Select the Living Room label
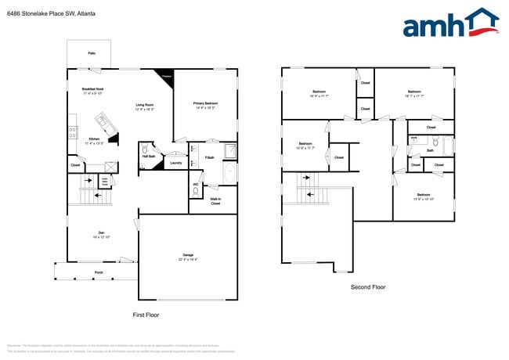144,104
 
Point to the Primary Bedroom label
204,103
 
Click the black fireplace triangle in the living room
165,77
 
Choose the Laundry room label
176,163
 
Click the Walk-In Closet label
215,201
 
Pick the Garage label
188,256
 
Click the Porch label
99,272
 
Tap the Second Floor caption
367,287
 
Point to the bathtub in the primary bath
229,173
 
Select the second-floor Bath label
430,150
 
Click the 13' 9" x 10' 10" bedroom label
424,196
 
